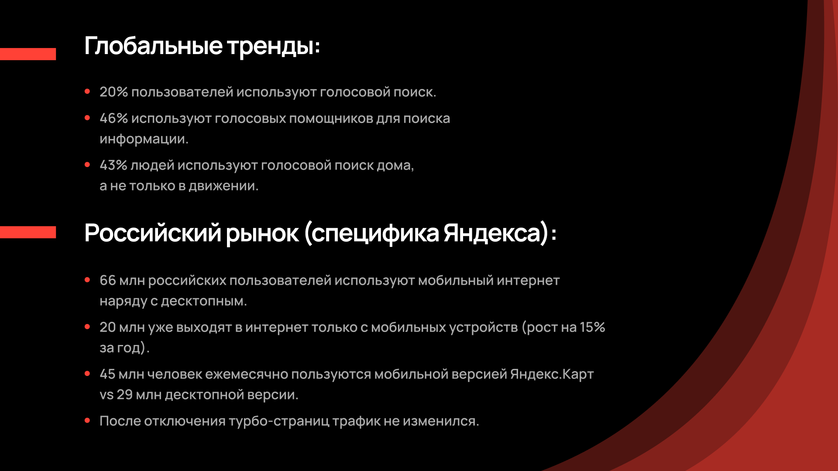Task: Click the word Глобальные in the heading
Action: click(x=153, y=46)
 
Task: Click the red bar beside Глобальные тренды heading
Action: click(x=28, y=54)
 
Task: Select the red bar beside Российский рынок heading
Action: click(x=28, y=232)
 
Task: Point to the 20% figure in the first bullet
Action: click(x=113, y=92)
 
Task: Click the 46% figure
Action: click(x=113, y=118)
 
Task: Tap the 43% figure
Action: click(x=113, y=165)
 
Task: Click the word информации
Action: click(x=144, y=139)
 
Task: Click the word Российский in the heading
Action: click(x=152, y=233)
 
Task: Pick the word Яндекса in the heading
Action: click(x=492, y=233)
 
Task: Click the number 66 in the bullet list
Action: click(x=107, y=280)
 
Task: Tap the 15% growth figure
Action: click(x=592, y=327)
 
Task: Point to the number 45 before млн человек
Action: click(x=107, y=374)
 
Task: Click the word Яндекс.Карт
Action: click(x=552, y=374)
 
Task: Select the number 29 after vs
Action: click(x=124, y=395)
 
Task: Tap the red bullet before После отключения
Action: click(x=87, y=421)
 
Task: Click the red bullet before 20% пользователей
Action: click(x=87, y=92)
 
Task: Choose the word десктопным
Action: click(x=203, y=301)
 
